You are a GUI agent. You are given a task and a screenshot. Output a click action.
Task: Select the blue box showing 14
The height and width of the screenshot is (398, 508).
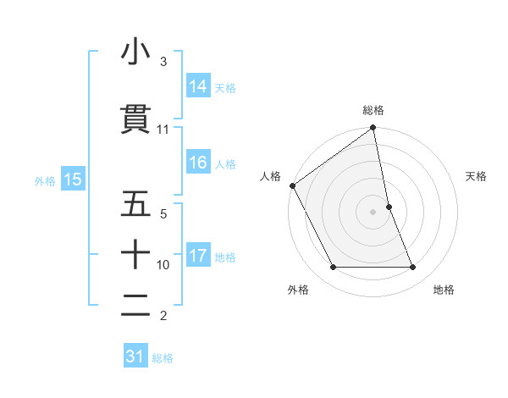198,86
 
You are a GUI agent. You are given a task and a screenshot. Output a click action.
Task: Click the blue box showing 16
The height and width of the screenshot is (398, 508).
198,163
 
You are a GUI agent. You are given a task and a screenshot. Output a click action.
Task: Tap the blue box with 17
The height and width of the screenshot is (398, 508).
198,256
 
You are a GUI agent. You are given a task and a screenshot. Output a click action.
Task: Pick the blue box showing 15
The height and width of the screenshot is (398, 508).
72,180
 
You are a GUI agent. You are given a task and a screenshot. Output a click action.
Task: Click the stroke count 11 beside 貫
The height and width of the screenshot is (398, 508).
163,130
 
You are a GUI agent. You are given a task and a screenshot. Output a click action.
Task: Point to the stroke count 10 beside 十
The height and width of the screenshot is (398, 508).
163,265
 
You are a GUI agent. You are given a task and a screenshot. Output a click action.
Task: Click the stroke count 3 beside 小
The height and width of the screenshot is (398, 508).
163,62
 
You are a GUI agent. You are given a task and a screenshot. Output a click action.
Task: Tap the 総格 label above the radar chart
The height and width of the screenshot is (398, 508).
373,110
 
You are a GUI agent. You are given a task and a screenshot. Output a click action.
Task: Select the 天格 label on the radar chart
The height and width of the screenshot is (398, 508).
477,176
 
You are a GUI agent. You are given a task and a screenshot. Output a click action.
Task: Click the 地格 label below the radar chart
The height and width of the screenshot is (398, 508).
444,290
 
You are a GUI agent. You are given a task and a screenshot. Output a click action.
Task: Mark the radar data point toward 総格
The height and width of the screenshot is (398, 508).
373,129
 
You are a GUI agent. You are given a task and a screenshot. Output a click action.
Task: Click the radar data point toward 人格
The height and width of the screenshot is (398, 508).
292,185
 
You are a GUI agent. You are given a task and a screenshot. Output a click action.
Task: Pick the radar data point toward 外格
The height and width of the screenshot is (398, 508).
333,268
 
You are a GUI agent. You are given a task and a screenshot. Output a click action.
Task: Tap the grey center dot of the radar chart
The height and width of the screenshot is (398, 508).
373,212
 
